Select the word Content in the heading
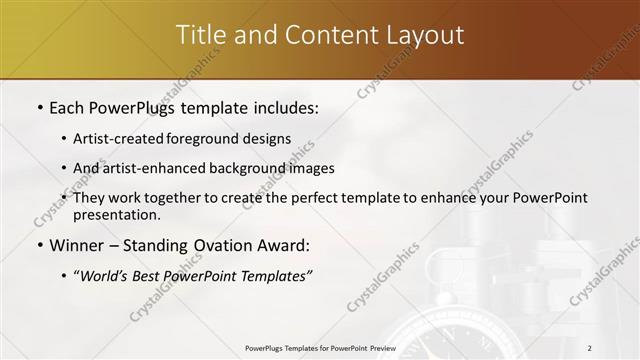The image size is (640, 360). [x=325, y=35]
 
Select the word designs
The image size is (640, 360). [x=268, y=138]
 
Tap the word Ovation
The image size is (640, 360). [x=229, y=245]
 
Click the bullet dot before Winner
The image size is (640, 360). [x=39, y=246]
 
